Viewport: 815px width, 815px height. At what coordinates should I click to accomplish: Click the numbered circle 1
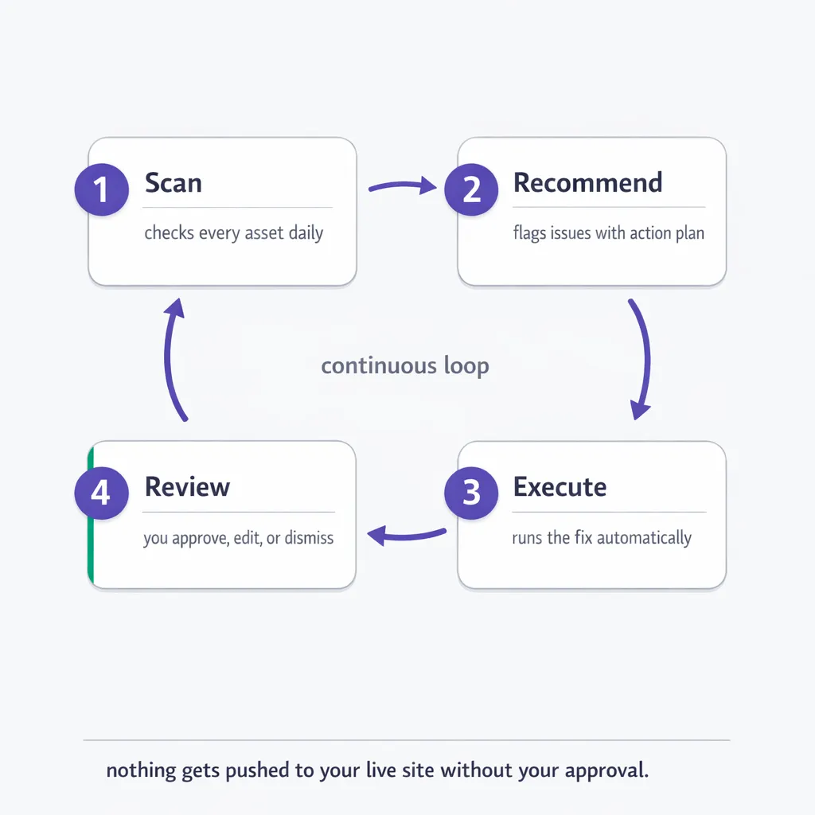pos(101,189)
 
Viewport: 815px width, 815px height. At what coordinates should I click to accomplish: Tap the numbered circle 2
pos(471,189)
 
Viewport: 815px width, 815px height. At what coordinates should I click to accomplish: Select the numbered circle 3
pos(471,492)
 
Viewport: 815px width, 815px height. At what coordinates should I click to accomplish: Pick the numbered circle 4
pos(101,492)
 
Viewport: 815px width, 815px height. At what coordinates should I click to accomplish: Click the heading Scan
pos(173,183)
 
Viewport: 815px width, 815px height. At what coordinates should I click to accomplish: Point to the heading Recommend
pos(587,183)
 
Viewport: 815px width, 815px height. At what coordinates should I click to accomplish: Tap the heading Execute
pos(560,487)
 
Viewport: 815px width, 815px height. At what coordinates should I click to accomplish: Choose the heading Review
pos(187,487)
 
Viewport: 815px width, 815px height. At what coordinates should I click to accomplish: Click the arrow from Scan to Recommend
pos(403,187)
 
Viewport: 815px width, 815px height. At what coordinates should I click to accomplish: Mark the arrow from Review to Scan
pos(174,358)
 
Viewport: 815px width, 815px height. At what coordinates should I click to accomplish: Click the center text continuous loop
pos(404,366)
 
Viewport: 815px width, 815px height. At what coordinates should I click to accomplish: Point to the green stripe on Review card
pos(91,513)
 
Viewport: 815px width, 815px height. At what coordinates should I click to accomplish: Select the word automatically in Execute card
pos(644,538)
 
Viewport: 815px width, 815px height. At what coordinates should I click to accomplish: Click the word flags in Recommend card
pos(529,234)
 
